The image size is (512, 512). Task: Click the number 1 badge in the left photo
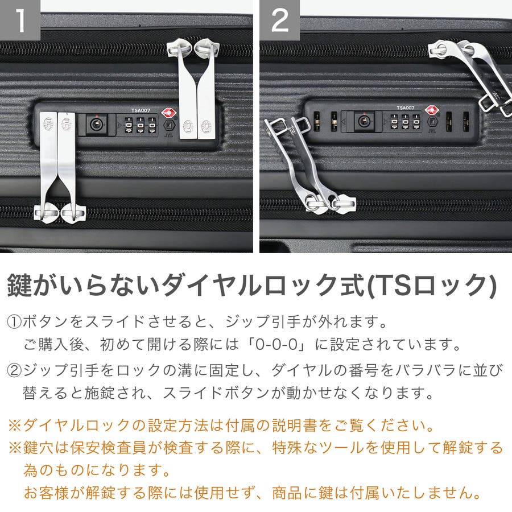point(20,20)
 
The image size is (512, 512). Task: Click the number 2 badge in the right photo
point(279,20)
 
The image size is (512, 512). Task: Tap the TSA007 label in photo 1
point(141,110)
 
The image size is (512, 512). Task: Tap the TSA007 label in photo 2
point(405,108)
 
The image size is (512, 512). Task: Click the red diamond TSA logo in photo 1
point(168,113)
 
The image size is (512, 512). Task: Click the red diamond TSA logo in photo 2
point(432,110)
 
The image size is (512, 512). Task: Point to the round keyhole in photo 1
point(96,124)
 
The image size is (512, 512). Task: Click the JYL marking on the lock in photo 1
point(168,135)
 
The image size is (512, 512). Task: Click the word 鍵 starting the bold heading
point(19,285)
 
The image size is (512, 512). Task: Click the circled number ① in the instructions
point(14,323)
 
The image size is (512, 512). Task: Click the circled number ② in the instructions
point(14,371)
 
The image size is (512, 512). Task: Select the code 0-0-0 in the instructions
point(276,345)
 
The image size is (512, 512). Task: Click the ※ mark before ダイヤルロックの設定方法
point(15,426)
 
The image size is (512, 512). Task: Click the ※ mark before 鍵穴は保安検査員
point(15,448)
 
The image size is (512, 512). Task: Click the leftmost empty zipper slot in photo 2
point(316,122)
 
